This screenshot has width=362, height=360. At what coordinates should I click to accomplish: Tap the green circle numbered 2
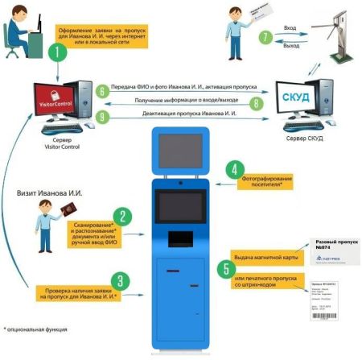[123, 217]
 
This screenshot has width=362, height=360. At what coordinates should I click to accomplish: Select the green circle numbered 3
[121, 280]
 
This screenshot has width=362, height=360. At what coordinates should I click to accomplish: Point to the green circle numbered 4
[234, 170]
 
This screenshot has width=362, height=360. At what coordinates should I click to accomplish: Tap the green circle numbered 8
[255, 103]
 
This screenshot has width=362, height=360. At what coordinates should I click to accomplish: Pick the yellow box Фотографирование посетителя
[267, 180]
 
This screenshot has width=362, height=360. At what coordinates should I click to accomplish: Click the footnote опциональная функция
[36, 329]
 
